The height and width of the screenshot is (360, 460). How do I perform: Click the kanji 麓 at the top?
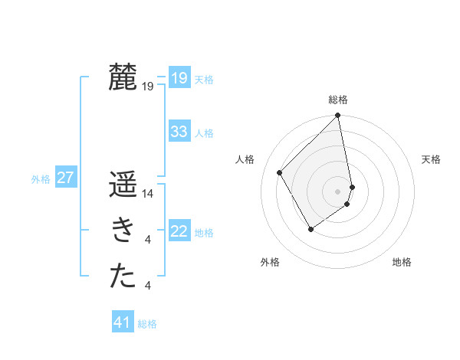click(x=123, y=77)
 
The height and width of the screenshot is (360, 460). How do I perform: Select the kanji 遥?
click(x=123, y=186)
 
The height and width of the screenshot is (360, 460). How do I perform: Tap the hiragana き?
click(x=123, y=231)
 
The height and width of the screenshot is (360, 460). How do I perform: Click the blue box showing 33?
click(x=179, y=132)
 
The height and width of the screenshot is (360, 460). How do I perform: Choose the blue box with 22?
click(x=179, y=231)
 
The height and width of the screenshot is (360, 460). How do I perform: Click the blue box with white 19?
click(x=179, y=78)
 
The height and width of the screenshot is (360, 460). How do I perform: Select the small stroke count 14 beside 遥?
click(x=149, y=195)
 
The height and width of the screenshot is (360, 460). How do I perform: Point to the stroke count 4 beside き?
click(x=148, y=241)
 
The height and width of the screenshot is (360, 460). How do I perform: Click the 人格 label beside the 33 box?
click(x=204, y=133)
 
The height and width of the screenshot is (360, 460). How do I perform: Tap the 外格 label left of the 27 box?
click(x=41, y=179)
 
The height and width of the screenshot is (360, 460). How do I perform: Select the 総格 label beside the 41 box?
click(x=147, y=324)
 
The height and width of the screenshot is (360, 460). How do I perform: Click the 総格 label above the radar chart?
click(x=338, y=100)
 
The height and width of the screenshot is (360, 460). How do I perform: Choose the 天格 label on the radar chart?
click(x=432, y=159)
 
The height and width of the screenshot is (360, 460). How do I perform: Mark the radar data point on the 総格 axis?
click(x=338, y=116)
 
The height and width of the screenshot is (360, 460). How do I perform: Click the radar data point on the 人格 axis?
click(x=280, y=172)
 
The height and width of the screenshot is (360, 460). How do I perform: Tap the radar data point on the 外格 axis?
click(x=310, y=228)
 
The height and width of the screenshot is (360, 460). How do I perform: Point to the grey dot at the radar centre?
click(x=338, y=191)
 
